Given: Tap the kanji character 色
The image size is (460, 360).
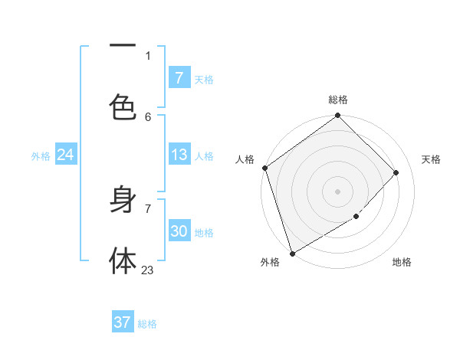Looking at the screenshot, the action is click(123, 108).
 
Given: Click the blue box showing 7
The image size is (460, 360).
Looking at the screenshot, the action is click(179, 78).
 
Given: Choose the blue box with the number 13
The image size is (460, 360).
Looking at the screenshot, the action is click(179, 155).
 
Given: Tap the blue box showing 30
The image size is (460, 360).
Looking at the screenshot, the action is click(179, 231).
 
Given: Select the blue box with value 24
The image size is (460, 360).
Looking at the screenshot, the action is click(65, 155).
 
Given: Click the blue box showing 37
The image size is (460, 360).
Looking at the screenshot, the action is click(122, 322).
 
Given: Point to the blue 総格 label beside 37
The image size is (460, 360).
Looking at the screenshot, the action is click(147, 324).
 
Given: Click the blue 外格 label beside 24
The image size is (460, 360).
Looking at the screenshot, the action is click(41, 156).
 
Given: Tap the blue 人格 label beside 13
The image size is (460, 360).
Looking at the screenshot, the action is click(204, 156).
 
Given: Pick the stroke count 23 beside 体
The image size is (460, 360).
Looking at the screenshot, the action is click(147, 270).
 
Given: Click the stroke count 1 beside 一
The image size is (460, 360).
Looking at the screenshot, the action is click(148, 55).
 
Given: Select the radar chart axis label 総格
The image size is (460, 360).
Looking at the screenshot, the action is click(338, 100).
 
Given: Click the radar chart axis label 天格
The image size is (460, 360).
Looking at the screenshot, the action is click(432, 159).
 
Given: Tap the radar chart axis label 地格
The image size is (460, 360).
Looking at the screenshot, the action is click(402, 263).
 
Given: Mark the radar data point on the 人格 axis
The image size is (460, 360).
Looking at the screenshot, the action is click(264, 168).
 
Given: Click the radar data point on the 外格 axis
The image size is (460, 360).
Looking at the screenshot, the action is click(292, 253).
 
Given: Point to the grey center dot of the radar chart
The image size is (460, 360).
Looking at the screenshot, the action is click(338, 191).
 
